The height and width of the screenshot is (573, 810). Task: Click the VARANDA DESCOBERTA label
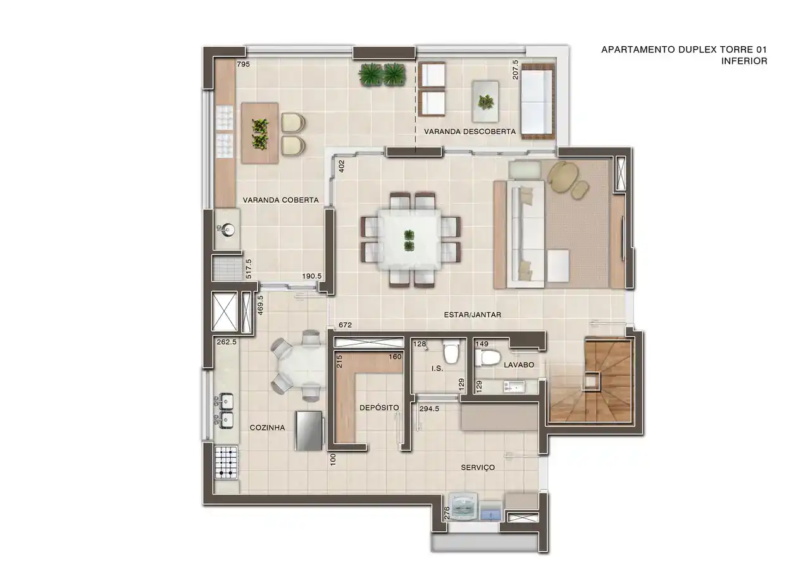tap(470, 132)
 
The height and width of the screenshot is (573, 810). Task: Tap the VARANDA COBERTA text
tap(280, 200)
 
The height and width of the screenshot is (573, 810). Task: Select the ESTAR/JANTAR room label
tap(472, 315)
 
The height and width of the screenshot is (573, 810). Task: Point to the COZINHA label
tap(267, 427)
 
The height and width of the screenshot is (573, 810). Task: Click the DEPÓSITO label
tap(379, 407)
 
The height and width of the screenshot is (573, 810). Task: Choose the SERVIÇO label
tap(478, 468)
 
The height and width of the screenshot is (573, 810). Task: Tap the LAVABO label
tap(519, 365)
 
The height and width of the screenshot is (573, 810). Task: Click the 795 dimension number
tap(244, 64)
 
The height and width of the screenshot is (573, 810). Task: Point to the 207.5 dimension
tap(515, 70)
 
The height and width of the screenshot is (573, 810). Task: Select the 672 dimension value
tap(345, 325)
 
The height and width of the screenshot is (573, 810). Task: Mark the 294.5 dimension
tap(429, 409)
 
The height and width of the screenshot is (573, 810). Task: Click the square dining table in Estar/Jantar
tap(409, 240)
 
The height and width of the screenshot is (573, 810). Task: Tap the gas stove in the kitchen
tap(226, 463)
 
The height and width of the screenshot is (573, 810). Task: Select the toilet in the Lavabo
tap(488, 358)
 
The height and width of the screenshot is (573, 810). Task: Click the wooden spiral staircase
tap(590, 380)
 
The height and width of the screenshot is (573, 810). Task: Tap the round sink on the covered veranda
tap(227, 229)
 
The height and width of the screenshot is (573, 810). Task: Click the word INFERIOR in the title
tap(744, 61)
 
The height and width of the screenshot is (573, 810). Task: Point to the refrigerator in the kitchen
tap(308, 431)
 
